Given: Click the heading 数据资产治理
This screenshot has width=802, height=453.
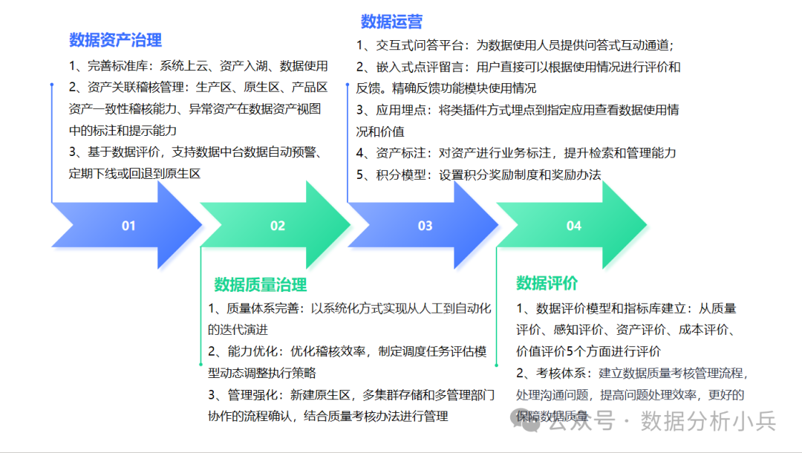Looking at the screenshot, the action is pos(115,40).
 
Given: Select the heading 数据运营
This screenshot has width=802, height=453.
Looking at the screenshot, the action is pos(391,22).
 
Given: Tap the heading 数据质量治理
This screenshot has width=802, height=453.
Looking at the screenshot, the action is pos(260,284).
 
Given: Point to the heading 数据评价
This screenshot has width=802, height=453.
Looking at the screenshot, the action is pos(547,283).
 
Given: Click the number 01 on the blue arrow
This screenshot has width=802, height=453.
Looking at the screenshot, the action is pos(128,226).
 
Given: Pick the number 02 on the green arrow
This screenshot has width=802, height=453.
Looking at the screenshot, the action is pos(277,226).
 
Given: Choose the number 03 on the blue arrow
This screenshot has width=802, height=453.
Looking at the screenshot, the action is pos(425,226).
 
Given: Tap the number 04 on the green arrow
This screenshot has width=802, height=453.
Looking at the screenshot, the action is pos(573,226).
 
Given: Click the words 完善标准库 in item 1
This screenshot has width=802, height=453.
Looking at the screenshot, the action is pos(119,66).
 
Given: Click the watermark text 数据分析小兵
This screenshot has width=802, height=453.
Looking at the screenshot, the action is pos(708,422).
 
